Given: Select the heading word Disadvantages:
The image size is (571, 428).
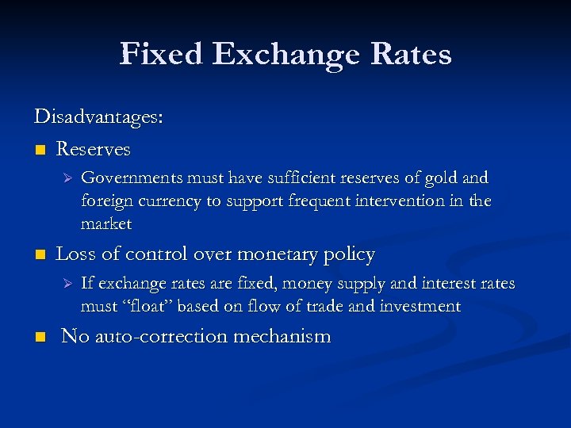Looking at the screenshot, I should [98, 117].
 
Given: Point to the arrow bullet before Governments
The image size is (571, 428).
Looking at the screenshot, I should [67, 178].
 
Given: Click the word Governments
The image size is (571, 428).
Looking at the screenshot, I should [131, 178].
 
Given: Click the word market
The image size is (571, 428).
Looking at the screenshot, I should [106, 224].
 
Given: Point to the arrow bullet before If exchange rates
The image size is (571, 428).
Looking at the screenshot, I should [67, 284].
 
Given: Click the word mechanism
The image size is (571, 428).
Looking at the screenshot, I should [282, 336].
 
